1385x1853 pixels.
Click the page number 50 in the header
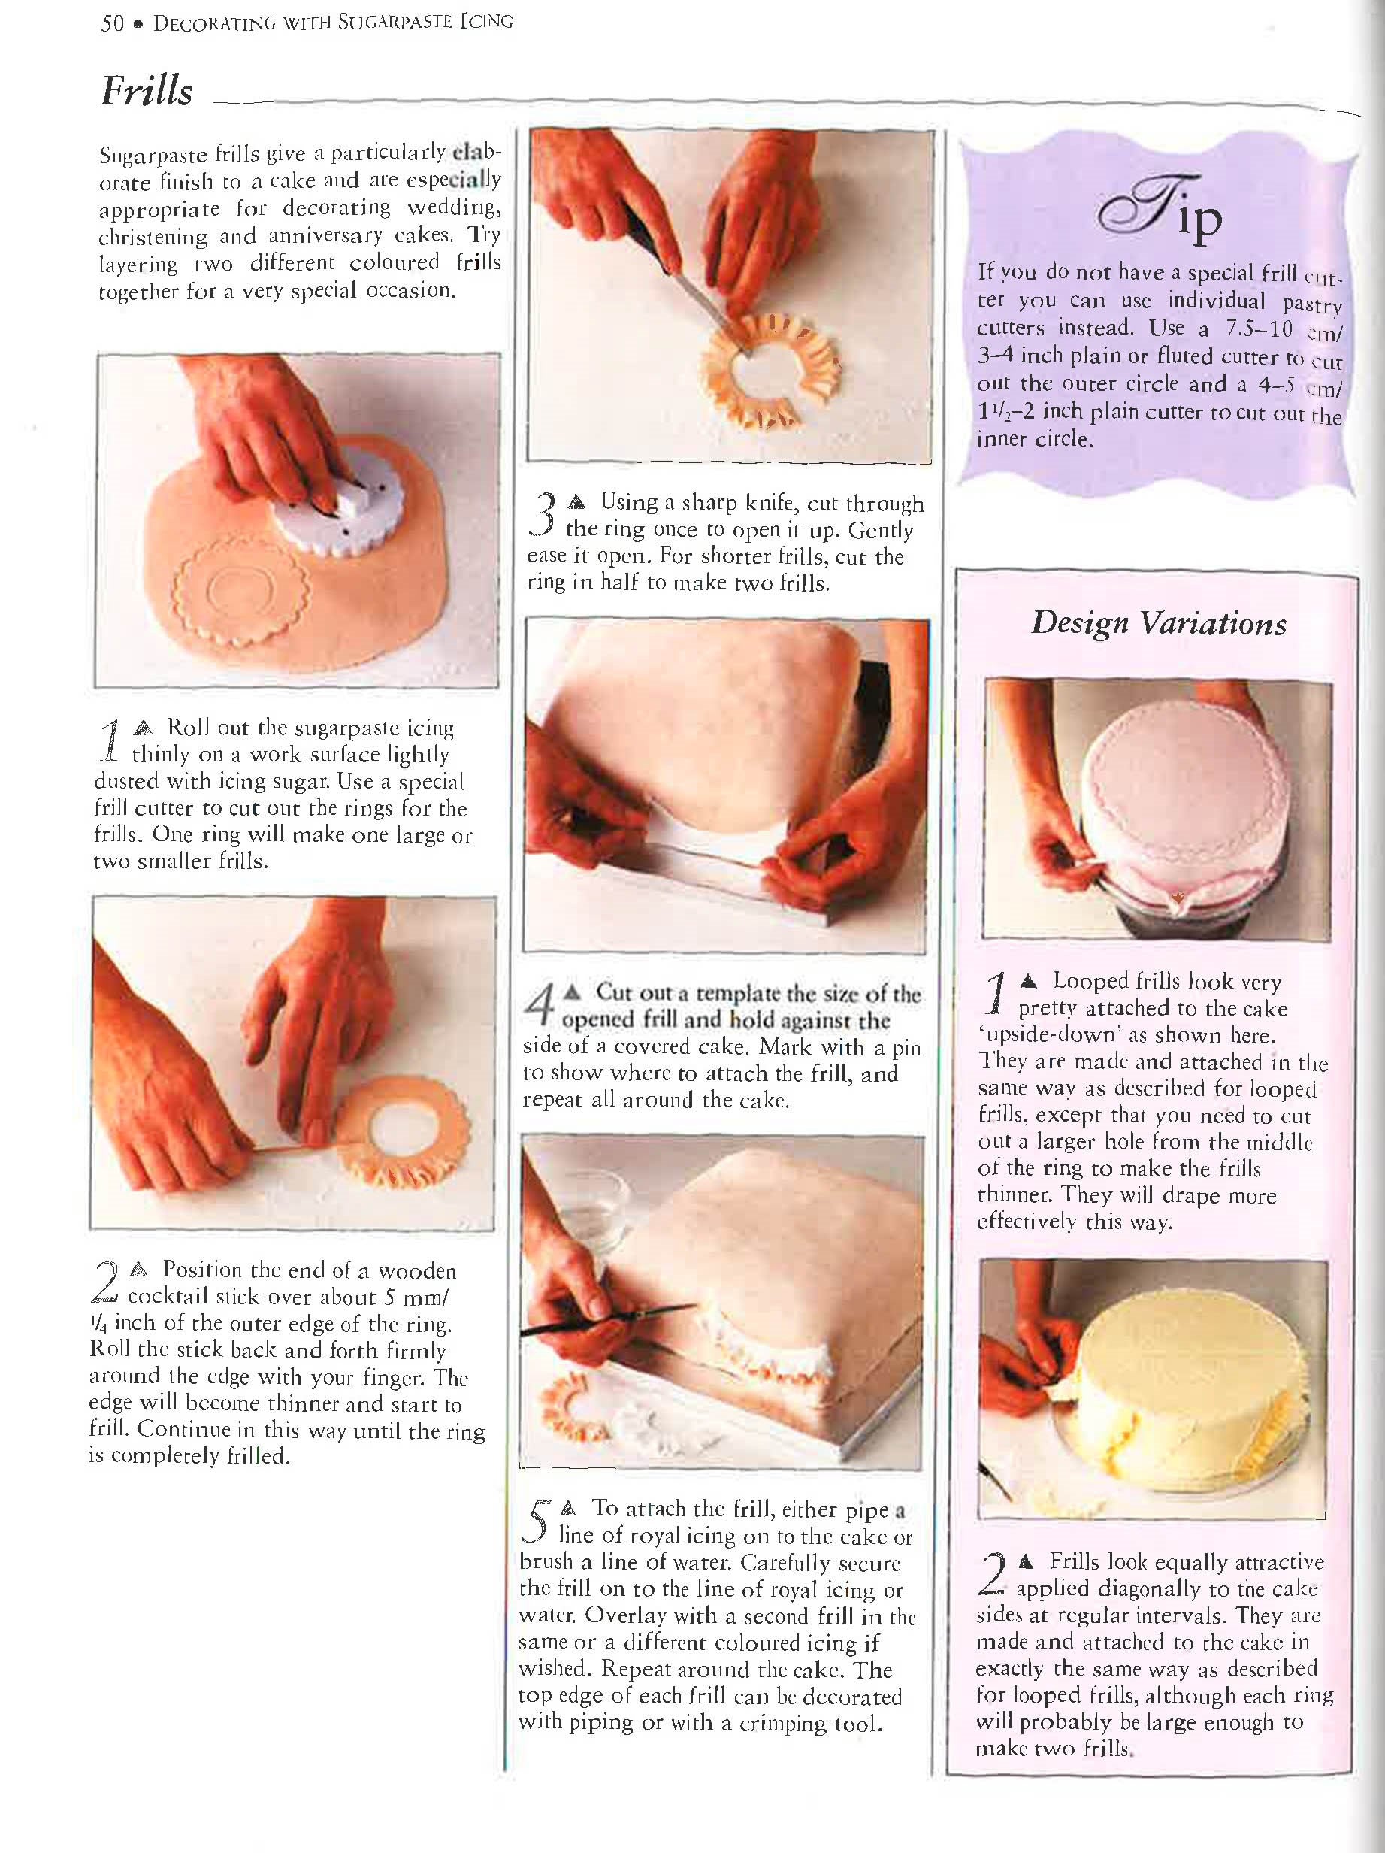pos(112,23)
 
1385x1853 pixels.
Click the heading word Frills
pos(147,90)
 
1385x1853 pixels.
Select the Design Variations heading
pos(1158,623)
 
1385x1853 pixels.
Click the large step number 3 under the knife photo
pos(544,513)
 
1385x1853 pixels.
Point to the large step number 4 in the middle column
pos(541,1004)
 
